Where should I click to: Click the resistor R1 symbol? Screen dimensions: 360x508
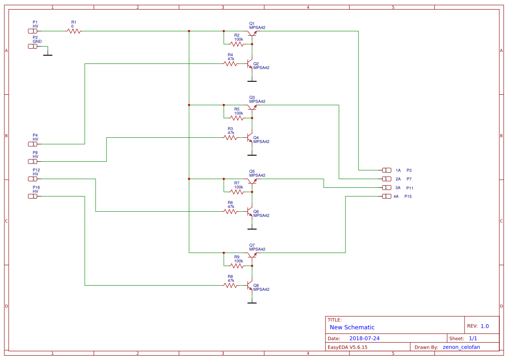pos(74,31)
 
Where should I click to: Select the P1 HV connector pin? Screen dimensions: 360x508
pos(33,31)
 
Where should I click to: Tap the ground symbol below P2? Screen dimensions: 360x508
pos(48,55)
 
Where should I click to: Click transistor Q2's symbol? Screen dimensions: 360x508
pos(250,64)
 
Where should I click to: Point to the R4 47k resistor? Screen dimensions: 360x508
pos(230,63)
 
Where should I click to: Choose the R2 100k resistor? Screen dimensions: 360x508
pos(237,44)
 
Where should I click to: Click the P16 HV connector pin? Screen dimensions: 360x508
pos(33,196)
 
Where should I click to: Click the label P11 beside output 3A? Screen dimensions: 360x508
pos(410,188)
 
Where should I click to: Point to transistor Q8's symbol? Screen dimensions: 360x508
pos(250,286)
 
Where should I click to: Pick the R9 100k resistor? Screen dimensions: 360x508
pos(237,266)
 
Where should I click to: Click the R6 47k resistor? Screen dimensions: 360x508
pos(230,211)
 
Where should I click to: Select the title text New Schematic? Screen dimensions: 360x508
pos(352,327)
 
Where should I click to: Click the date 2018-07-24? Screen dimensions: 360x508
pos(367,338)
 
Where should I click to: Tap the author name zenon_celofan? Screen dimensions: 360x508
pos(464,347)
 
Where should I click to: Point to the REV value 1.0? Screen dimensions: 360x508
pos(485,326)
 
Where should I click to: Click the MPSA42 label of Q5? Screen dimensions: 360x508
pos(257,175)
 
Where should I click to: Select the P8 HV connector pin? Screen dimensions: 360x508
pos(33,161)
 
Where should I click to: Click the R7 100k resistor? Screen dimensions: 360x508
pos(237,192)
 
